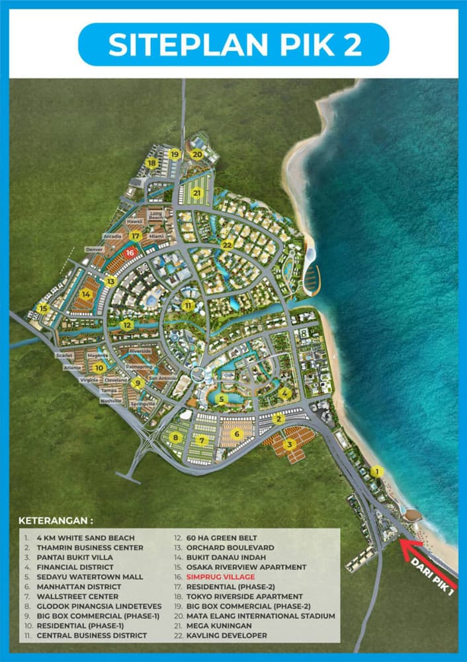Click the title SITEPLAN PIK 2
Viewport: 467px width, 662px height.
(233, 44)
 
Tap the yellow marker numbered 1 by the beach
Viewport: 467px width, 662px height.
(376, 471)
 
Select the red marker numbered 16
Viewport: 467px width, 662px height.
(130, 252)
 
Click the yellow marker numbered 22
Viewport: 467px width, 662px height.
(228, 244)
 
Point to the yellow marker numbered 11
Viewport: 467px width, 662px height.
(189, 305)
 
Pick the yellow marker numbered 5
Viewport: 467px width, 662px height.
(223, 399)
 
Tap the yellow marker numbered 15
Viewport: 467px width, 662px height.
(43, 308)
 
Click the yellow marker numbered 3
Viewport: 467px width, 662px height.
(290, 444)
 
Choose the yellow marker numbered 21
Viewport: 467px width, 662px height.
(196, 193)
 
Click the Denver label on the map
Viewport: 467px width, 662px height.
(95, 250)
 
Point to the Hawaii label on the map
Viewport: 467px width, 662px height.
(135, 221)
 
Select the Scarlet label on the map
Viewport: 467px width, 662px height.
(65, 355)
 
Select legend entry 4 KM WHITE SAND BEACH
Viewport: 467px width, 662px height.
(77, 538)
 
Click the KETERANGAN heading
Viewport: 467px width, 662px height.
(56, 520)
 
